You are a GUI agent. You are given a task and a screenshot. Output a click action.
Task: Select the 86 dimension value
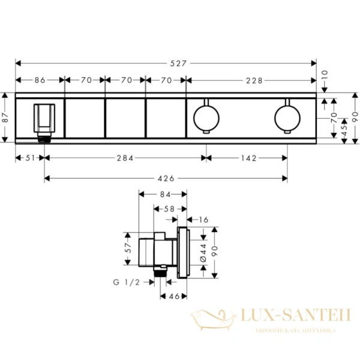pos(40,79)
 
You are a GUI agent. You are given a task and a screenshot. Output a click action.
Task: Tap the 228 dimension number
pos(252,79)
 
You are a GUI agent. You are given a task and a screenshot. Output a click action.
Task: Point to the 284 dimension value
pos(125,158)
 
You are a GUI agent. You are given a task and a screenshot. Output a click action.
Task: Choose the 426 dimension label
pos(166,178)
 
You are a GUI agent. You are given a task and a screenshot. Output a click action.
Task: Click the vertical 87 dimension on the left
pos(5,118)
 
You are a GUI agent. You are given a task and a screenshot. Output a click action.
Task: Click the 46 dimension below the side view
pos(173,296)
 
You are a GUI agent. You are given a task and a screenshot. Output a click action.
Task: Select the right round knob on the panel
pos(287,114)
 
